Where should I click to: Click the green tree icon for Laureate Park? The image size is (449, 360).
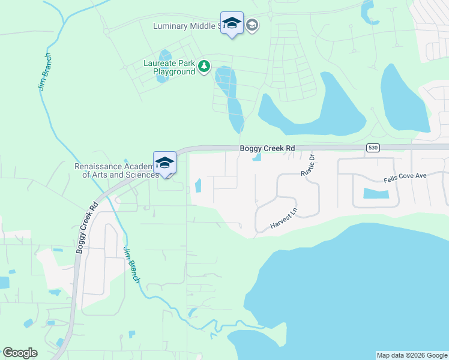(x=204, y=65)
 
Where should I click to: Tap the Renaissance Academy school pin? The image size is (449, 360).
(x=164, y=163)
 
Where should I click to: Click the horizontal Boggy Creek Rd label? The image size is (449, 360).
(x=267, y=148)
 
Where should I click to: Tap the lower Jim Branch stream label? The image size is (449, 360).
(x=131, y=265)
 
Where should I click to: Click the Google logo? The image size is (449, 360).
(x=20, y=353)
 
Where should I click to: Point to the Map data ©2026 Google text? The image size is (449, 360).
(x=412, y=355)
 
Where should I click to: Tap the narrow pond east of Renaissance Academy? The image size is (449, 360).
(x=198, y=186)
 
